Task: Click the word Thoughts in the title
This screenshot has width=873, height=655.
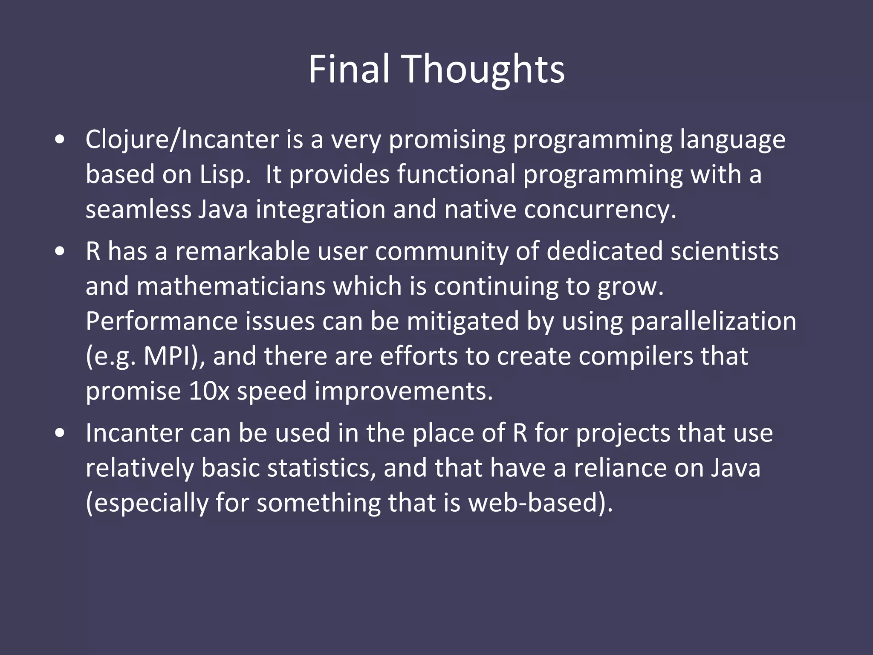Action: click(x=484, y=69)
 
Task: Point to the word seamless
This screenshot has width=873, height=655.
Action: click(x=138, y=209)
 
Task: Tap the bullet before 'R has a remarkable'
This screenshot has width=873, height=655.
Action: click(x=60, y=251)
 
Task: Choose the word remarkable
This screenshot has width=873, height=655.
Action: click(x=243, y=251)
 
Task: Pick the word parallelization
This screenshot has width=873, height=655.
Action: click(x=713, y=321)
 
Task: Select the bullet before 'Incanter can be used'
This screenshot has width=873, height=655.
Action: click(x=60, y=433)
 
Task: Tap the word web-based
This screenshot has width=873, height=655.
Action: click(x=539, y=503)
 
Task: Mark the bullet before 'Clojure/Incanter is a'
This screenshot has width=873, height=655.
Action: click(x=60, y=139)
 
